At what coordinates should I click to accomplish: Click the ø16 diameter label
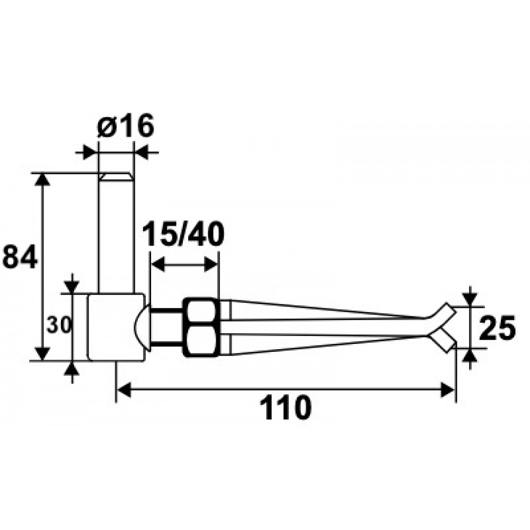tap(126, 126)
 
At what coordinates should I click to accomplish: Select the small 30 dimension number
tap(59, 325)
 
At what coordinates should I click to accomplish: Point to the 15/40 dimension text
tap(183, 234)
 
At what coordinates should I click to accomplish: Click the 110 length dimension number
tap(285, 408)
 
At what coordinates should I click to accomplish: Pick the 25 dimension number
tap(497, 327)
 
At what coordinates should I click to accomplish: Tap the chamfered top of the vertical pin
tap(116, 176)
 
